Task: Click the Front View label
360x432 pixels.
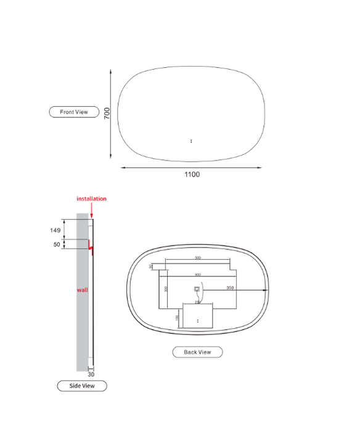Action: pos(74,112)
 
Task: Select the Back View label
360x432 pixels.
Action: pos(197,352)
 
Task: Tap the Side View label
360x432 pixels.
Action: pos(82,386)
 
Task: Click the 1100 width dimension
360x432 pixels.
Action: pos(192,175)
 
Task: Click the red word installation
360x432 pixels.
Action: pos(91,199)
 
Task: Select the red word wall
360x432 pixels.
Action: pos(81,289)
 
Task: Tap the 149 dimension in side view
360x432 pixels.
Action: pos(55,230)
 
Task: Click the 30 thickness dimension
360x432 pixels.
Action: pos(91,374)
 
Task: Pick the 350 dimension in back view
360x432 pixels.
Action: pos(230,288)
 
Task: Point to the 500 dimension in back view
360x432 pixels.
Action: pos(198,257)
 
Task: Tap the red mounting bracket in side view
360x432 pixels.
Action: pos(90,247)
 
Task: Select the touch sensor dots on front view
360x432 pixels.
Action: pos(192,141)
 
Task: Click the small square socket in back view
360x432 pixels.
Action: pos(197,288)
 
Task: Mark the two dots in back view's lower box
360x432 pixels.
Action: pos(197,320)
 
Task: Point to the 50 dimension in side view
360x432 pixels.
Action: pos(57,244)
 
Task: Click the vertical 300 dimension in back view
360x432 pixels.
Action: pos(166,288)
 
